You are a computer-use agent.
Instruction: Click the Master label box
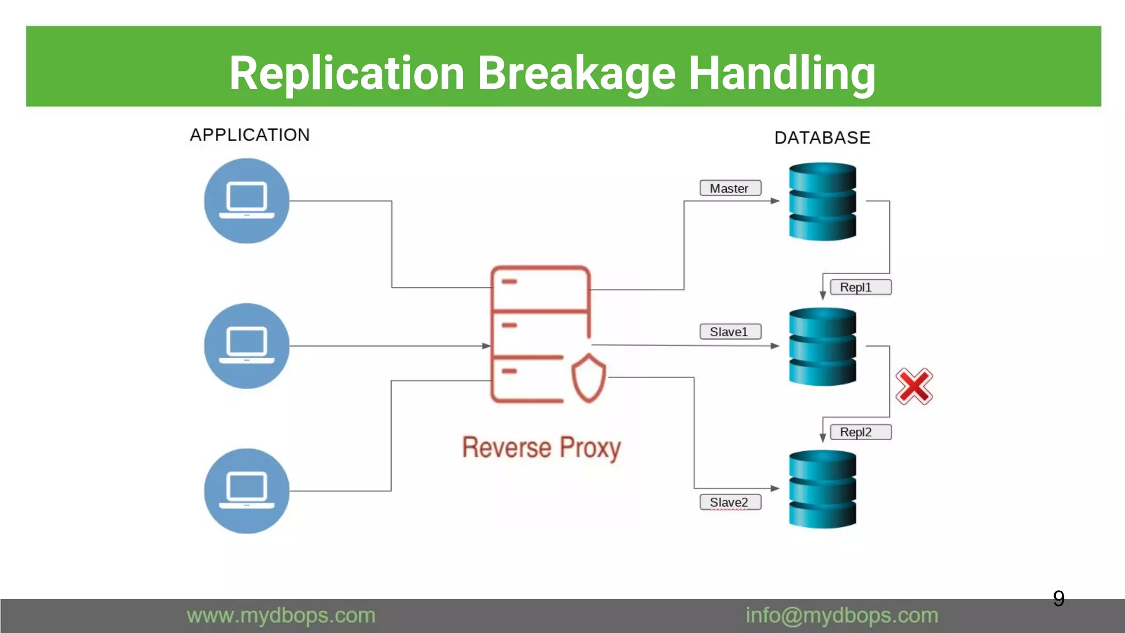tap(730, 188)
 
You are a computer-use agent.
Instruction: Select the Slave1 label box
tap(730, 332)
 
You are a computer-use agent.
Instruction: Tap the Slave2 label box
tap(730, 502)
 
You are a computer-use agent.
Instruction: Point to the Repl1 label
tap(860, 287)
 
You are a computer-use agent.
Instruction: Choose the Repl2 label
tap(860, 432)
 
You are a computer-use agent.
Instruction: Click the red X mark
tap(914, 387)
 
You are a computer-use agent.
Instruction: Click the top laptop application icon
tap(247, 201)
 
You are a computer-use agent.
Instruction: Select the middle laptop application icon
tap(247, 346)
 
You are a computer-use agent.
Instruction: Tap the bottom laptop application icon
tap(247, 491)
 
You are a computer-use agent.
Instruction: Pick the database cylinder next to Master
tap(822, 202)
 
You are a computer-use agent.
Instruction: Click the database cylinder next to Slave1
tap(822, 347)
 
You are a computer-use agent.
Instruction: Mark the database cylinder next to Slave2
tap(822, 489)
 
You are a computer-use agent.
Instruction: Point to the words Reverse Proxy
tap(541, 448)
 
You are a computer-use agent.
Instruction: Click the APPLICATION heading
tap(250, 135)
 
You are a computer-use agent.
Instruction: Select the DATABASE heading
tap(822, 138)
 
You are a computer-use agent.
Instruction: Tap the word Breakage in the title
tap(576, 74)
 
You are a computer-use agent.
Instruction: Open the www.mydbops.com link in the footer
tap(281, 615)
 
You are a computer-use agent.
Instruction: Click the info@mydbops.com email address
tap(842, 615)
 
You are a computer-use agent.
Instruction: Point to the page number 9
tap(1059, 598)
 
